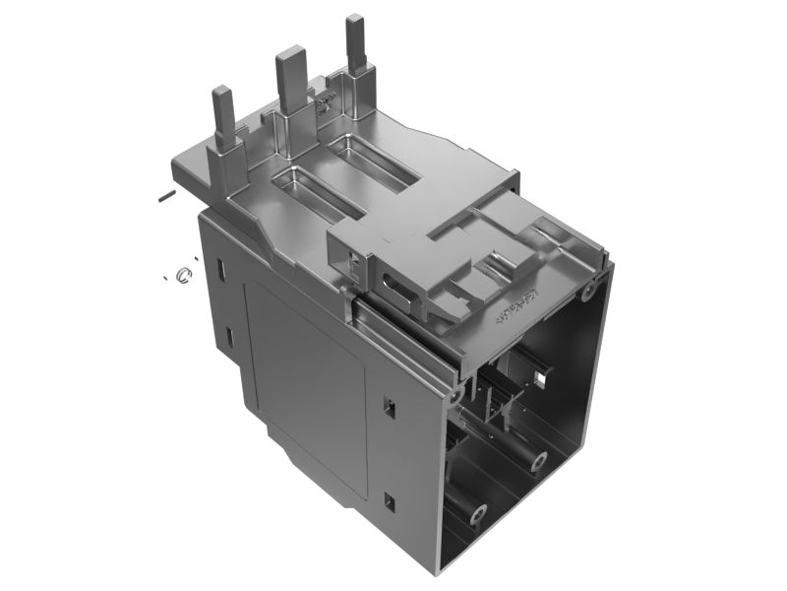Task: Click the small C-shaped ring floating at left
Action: pos(182,275)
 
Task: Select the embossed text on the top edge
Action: pos(515,308)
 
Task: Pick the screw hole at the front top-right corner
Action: pos(588,291)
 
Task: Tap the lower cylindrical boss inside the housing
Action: pos(478,513)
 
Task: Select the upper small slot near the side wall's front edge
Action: pos(388,405)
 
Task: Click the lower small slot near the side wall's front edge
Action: pos(388,500)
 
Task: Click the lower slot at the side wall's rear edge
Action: pos(227,338)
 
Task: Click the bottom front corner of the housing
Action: pos(437,569)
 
